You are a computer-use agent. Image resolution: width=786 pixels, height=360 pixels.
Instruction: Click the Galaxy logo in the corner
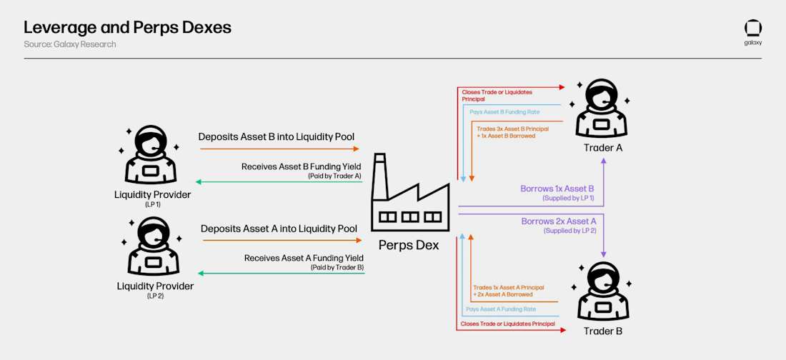[x=752, y=29]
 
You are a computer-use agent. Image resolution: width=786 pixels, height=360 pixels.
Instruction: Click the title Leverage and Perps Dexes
[x=127, y=28]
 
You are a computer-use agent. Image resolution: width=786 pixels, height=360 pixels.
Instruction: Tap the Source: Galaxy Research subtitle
[x=69, y=44]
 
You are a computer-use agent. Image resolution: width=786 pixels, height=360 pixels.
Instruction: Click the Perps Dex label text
[x=409, y=245]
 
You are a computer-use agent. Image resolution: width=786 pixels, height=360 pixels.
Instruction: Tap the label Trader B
[x=603, y=331]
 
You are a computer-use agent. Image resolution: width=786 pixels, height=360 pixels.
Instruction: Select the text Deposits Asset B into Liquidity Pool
[x=276, y=136]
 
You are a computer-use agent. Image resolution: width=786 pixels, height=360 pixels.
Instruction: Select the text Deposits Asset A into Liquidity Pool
[x=279, y=229]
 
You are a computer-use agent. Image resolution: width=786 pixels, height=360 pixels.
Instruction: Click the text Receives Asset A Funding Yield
[x=304, y=258]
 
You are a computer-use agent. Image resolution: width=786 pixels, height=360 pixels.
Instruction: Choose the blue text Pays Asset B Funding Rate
[x=504, y=112]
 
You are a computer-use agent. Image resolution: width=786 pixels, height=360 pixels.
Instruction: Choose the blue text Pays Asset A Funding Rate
[x=500, y=309]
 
